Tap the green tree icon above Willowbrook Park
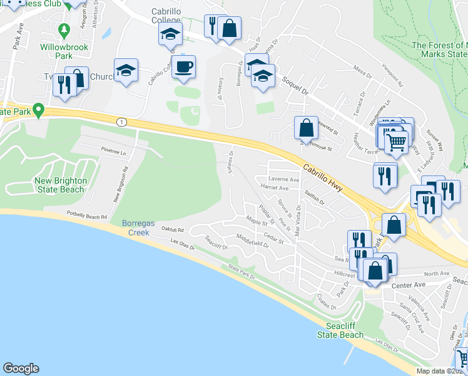click(63, 29)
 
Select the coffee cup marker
click(183, 67)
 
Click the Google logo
click(21, 368)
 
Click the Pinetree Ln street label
click(113, 152)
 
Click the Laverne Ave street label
click(284, 180)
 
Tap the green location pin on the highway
click(38, 111)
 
